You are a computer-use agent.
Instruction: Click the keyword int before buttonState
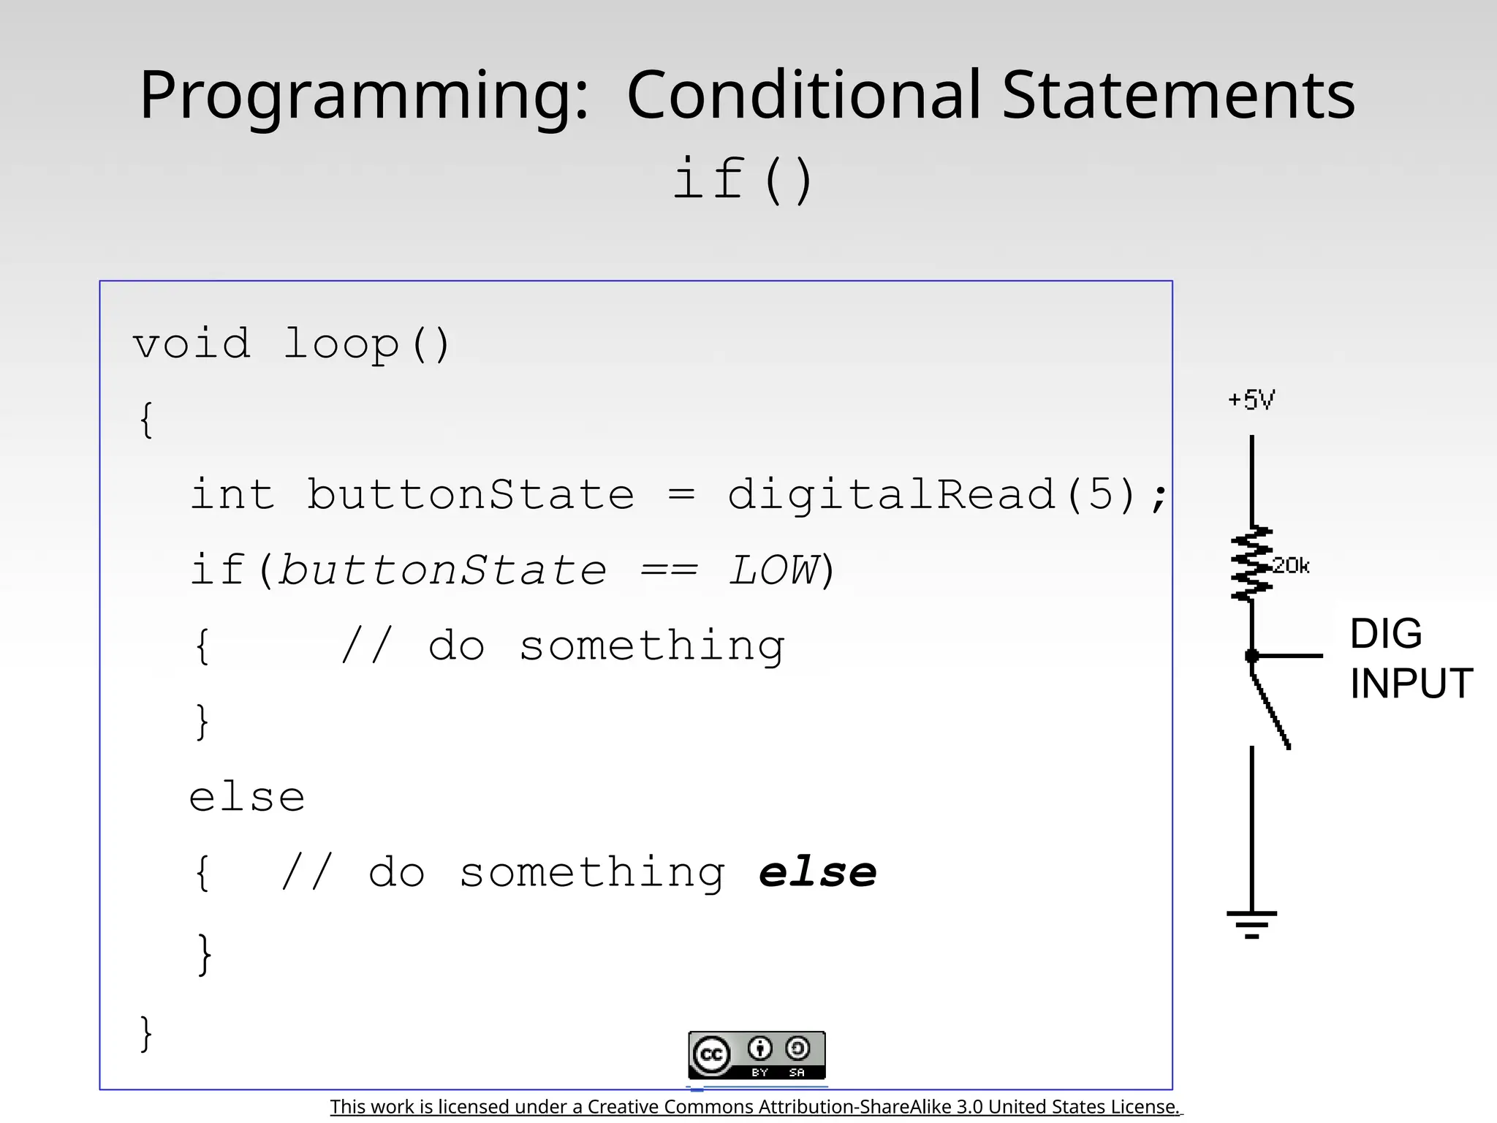point(232,494)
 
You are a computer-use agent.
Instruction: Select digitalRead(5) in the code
point(932,494)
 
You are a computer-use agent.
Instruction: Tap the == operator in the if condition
point(669,570)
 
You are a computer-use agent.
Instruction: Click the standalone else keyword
point(247,797)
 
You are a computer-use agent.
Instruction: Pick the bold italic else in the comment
point(817,872)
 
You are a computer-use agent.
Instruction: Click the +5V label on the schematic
point(1251,400)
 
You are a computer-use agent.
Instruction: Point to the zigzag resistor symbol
point(1251,564)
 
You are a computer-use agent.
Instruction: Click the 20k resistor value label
point(1291,565)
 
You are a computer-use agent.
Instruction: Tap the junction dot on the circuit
point(1251,656)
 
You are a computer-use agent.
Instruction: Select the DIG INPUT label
point(1409,658)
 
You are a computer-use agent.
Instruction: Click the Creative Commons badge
point(757,1055)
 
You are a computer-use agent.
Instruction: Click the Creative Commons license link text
point(755,1107)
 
